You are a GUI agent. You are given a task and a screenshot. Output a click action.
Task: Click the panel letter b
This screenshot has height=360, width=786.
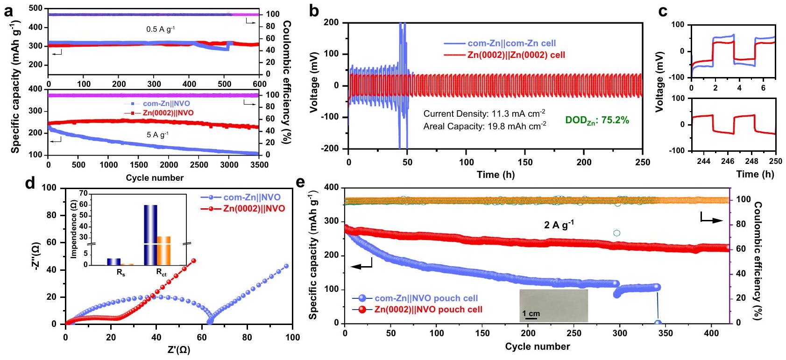coord(314,11)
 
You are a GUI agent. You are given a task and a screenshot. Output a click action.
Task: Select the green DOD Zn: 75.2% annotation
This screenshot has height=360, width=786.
coord(597,120)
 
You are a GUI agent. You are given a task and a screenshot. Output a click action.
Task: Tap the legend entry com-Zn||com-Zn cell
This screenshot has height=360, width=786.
coord(511,43)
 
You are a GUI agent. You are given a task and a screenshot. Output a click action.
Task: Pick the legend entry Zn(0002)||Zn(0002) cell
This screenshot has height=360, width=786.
coord(516,55)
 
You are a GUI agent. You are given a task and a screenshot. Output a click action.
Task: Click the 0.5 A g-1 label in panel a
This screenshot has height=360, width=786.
coord(160,29)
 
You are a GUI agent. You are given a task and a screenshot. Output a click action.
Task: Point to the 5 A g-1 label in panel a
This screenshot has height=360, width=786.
coord(157,134)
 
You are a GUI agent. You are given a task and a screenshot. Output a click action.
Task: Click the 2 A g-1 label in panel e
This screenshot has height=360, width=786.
coord(559,225)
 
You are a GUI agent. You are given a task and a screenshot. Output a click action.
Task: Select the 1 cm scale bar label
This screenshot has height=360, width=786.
coord(531,313)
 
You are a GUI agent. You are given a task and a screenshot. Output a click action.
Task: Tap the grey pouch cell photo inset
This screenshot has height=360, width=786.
coord(553,305)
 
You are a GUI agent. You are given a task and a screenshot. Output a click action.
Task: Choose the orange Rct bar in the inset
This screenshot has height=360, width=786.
coord(164,250)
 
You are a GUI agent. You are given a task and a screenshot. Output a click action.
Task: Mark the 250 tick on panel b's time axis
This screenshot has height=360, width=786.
coord(643,162)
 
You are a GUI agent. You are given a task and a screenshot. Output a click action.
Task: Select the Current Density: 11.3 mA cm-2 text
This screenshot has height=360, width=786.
coord(484,114)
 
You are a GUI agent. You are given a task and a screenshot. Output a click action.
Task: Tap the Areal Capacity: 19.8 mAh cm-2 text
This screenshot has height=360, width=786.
coord(484,126)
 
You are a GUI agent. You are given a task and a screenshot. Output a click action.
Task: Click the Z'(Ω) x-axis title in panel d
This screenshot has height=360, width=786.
coord(179,350)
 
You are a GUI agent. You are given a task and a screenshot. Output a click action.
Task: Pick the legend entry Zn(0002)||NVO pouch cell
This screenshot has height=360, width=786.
coord(428,309)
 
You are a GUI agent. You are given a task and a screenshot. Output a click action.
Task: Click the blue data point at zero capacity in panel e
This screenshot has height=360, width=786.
coord(658,323)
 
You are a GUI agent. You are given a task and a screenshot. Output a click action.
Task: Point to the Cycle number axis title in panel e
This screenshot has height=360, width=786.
coord(537,346)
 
